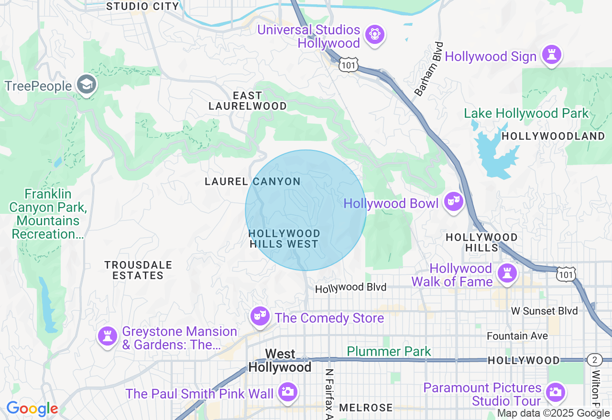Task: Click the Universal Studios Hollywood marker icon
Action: click(375, 35)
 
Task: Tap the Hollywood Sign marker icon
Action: click(551, 55)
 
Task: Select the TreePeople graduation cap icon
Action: click(87, 85)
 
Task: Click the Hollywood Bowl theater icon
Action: click(453, 202)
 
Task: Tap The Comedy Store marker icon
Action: click(260, 316)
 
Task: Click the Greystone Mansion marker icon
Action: click(108, 336)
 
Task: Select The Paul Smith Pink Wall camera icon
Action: click(288, 392)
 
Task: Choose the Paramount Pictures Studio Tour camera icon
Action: click(555, 393)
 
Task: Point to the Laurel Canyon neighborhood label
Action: click(252, 182)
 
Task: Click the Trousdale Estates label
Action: click(138, 270)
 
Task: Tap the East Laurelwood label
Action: click(248, 101)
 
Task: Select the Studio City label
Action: click(142, 6)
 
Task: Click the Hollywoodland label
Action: click(553, 136)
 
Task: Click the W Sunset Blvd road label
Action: click(545, 311)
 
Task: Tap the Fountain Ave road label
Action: click(517, 336)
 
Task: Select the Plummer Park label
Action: click(389, 352)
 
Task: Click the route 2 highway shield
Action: click(594, 360)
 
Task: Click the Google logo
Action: click(32, 409)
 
